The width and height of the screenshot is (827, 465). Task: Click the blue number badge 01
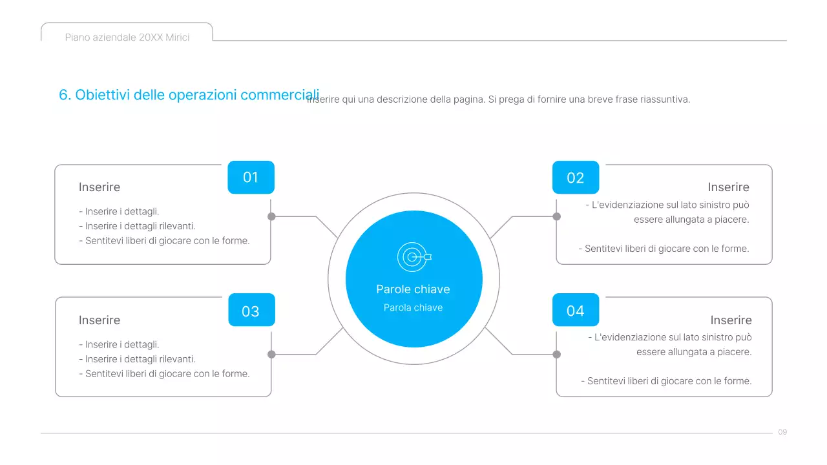coord(251,177)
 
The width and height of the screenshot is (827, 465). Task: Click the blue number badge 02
coord(575,178)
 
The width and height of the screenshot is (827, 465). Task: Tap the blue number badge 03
coord(251,311)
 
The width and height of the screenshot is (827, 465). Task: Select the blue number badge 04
coord(575,311)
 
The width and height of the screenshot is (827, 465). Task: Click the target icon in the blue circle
coord(413,257)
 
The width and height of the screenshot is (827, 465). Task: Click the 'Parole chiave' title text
coord(413,289)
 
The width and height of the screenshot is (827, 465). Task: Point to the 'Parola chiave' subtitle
coord(413,307)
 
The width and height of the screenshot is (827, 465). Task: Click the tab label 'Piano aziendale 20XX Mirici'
coord(127,37)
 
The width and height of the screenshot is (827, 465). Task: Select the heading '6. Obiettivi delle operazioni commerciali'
coord(189,95)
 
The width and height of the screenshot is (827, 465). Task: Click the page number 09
coord(782,432)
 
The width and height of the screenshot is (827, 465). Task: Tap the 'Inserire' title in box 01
coord(99,187)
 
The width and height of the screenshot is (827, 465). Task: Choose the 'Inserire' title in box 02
coord(728,187)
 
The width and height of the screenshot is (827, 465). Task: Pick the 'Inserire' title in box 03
coord(99,320)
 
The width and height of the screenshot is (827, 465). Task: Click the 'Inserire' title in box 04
coord(731,320)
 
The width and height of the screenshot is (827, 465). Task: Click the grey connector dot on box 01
coord(271,216)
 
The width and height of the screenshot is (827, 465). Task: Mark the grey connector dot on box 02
coord(557,216)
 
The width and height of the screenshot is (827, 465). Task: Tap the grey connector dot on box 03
coord(271,354)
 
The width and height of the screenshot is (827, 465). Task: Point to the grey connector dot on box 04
coord(557,354)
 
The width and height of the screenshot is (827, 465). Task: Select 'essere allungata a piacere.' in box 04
coord(694,352)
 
